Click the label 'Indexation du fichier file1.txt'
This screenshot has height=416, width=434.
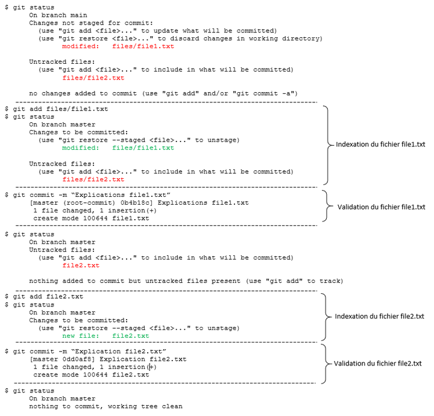point(379,145)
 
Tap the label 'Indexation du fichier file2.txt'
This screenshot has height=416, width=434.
point(379,316)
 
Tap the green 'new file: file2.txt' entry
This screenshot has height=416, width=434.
point(105,335)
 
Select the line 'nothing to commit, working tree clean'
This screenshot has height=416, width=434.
point(105,406)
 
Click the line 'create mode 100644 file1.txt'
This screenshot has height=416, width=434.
point(90,219)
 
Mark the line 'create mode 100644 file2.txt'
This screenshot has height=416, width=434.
point(90,374)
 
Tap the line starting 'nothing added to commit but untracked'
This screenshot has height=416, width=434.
point(186,281)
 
